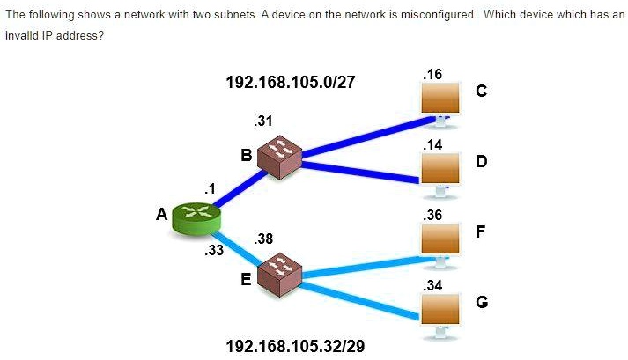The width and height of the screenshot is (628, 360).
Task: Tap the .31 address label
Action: pos(262,121)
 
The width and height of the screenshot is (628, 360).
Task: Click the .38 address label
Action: pos(262,239)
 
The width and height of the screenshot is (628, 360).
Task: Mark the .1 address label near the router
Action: pos(209,187)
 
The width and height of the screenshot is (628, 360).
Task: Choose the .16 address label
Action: pos(432,76)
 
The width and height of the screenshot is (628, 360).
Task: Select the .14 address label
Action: pos(432,144)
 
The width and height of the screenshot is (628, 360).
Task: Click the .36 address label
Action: pos(432,215)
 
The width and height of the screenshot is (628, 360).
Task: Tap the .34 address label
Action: pos(432,285)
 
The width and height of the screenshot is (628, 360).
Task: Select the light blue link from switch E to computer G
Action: pos(361,298)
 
